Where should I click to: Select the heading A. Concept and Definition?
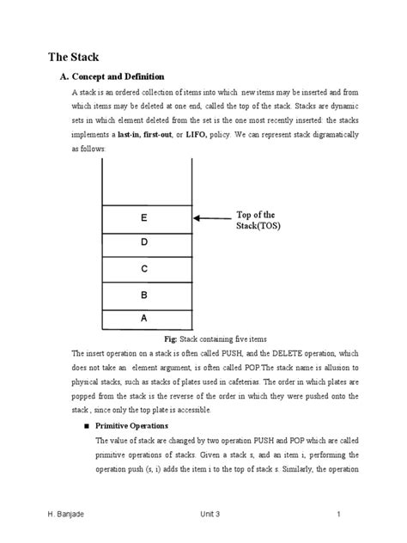tap(110, 77)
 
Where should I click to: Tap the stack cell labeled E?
tap(145, 219)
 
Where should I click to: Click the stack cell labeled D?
tap(145, 243)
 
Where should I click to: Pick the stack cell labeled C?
tap(145, 270)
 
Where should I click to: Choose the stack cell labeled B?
tap(145, 295)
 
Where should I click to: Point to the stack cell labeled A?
tap(145, 318)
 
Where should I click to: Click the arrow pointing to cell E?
tap(211, 219)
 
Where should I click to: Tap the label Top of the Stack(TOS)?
tap(257, 220)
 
